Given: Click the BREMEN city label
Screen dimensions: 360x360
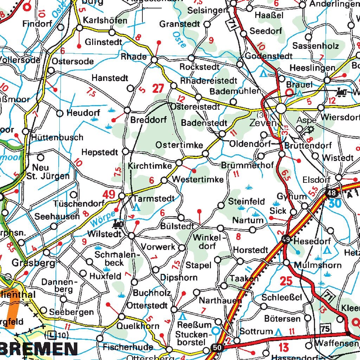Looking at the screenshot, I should (39, 349).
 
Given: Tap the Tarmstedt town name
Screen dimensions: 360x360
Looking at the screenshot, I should (154, 199).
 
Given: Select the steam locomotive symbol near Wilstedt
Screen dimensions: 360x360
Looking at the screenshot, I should (118, 224).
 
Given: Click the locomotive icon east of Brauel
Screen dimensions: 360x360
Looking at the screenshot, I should (341, 92).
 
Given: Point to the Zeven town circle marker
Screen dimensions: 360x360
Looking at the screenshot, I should (281, 108).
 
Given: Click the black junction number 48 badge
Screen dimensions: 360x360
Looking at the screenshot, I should (331, 193).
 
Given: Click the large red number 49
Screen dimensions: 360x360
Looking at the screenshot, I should (109, 194).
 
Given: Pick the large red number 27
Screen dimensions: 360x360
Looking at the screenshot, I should (158, 88).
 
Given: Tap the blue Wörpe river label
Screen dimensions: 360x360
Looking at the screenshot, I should (103, 218).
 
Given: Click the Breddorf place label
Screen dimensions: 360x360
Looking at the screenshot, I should (148, 120).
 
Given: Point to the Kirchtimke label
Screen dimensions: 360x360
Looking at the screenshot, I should (150, 166).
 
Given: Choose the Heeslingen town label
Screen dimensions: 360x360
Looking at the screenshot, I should (312, 68).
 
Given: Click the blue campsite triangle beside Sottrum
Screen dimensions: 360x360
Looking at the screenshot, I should (279, 332).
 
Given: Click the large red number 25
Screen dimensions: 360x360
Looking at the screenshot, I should (287, 281).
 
